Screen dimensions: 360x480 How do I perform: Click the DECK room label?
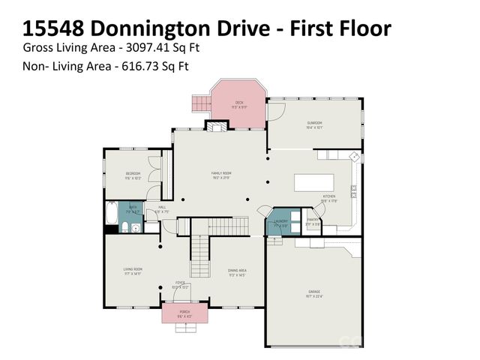239,103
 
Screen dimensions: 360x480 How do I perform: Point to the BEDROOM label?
133,174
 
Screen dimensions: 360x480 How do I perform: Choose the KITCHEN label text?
329,196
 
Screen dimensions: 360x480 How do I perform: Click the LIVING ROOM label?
133,269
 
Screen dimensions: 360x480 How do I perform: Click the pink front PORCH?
184,313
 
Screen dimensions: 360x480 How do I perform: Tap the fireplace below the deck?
218,127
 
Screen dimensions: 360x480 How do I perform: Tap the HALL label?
161,209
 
